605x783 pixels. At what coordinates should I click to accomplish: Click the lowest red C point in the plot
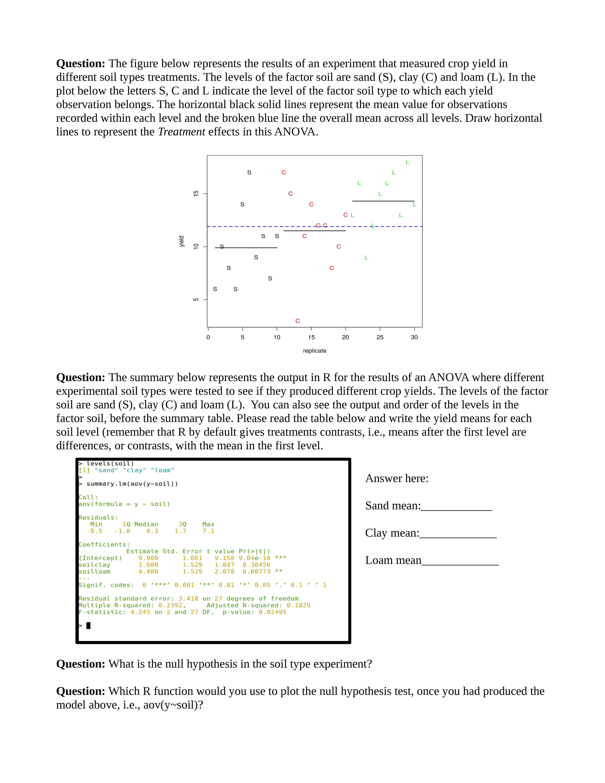pos(298,321)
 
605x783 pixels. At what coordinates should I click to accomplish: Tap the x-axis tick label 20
pos(346,337)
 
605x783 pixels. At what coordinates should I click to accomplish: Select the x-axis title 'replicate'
pos(315,351)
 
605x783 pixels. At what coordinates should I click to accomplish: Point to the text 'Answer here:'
pos(397,479)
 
